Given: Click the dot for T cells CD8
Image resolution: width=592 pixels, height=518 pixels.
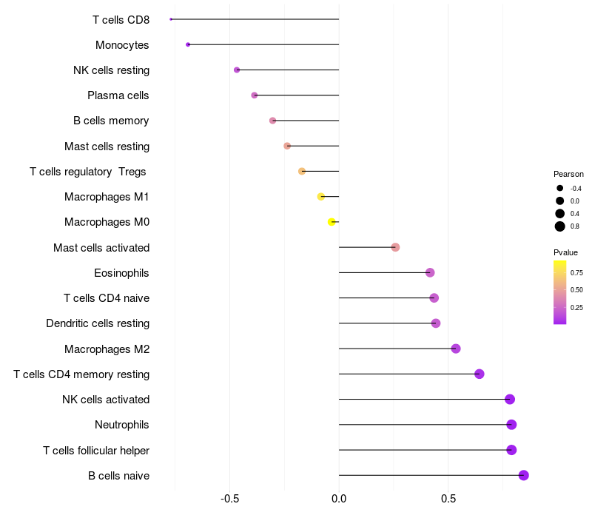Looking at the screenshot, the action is click(171, 19).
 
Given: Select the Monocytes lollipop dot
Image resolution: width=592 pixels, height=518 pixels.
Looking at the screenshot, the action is click(188, 44).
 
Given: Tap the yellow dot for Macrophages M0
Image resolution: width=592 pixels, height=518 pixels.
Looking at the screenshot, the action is click(332, 222).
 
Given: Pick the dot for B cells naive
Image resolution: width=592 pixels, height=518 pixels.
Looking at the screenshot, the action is click(524, 475).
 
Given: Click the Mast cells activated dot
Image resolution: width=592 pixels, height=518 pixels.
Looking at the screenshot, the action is click(395, 247).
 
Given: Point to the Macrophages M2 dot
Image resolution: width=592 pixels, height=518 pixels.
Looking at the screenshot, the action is click(456, 349).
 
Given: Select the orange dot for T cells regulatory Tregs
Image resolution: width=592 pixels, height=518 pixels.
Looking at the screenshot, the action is click(302, 172).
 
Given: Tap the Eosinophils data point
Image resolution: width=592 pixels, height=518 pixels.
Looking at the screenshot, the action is click(430, 272).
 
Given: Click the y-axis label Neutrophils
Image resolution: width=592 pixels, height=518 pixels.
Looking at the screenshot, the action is click(122, 425).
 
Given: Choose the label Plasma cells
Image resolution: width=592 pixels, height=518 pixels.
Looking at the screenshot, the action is click(118, 95).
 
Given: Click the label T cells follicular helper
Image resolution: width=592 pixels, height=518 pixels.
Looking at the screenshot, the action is click(96, 451).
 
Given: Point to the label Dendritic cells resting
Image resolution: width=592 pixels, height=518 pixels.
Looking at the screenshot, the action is click(98, 323).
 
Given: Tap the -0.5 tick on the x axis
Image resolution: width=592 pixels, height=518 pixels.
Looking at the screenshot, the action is click(229, 499).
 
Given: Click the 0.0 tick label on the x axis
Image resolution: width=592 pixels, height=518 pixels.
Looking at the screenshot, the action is click(339, 499).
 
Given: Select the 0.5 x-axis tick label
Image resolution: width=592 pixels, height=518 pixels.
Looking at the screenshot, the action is click(448, 499).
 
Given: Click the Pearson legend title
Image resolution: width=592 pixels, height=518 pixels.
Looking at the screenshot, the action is click(568, 174).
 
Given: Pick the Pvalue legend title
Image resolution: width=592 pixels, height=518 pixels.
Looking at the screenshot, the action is click(565, 252).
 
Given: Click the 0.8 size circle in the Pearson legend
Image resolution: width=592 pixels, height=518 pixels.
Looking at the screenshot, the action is click(560, 226).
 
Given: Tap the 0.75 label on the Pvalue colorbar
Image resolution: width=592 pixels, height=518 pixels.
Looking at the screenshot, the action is click(576, 273).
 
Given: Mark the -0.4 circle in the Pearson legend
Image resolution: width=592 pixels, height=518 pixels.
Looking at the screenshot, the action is click(560, 188).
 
